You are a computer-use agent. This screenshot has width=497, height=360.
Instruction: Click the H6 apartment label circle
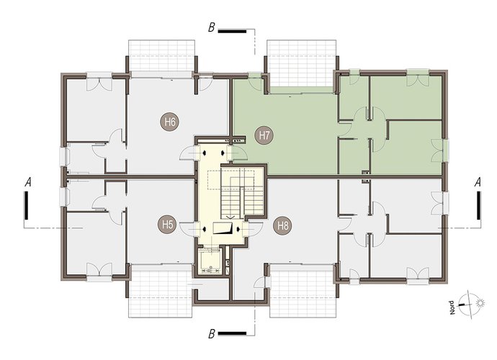coord(171,122)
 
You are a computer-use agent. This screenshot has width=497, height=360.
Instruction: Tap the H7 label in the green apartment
coord(264,135)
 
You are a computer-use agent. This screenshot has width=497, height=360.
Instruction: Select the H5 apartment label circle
coord(167,225)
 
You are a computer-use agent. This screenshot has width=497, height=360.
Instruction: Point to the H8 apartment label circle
coord(283,226)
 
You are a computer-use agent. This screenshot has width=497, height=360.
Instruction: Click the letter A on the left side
coord(28,182)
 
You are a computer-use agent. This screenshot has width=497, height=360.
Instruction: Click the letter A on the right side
coord(478,182)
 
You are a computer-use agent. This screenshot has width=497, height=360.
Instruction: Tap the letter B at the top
coord(212,28)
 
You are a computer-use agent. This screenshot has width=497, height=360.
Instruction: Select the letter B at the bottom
coord(212,334)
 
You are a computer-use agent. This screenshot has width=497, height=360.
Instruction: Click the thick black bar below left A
coord(27,205)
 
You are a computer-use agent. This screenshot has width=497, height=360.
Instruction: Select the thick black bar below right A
coord(478,205)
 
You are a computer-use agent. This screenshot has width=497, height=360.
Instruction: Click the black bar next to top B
coord(232,31)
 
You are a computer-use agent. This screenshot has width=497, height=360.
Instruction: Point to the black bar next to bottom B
coord(232,333)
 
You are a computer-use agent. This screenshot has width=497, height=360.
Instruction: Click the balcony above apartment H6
coord(161,55)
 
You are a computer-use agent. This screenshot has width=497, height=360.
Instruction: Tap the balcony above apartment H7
coord(301,63)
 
